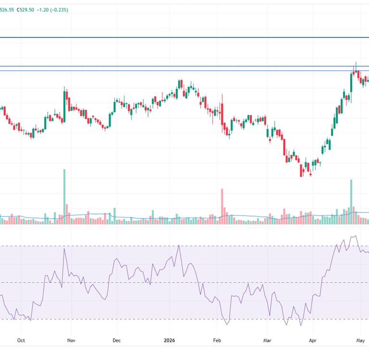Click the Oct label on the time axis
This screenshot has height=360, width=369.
point(21,340)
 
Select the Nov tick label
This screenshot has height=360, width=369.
point(71,340)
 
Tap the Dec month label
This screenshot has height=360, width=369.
point(116,340)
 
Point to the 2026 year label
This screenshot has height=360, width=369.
point(170,340)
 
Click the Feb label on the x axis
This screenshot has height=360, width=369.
point(217,340)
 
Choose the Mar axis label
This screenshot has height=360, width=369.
point(267,340)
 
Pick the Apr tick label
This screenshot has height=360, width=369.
point(312,340)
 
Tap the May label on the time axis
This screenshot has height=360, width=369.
point(360,340)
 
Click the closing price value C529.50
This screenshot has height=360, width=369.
point(25,10)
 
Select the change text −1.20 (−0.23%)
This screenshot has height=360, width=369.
point(52,10)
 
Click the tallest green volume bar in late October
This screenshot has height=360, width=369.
point(64,197)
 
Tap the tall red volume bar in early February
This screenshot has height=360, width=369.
point(222,206)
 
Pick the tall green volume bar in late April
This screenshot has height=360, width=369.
point(351,202)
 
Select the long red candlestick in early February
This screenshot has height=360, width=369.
point(222,114)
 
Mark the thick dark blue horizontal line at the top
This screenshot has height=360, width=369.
point(184,37)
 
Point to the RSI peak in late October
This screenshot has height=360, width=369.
point(64,249)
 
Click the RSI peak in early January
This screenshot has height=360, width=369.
point(179,245)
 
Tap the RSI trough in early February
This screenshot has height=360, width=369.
point(227,324)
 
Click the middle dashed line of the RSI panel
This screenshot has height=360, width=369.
point(184,282)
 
